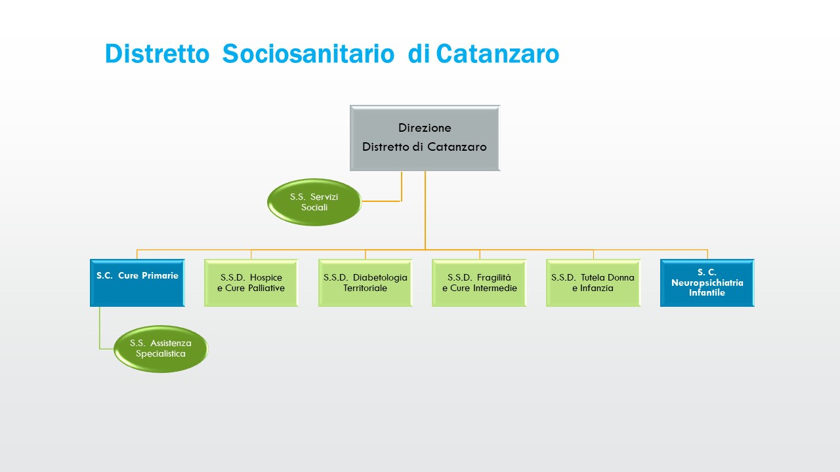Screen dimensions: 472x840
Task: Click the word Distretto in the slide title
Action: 156,54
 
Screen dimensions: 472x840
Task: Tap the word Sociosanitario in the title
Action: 308,54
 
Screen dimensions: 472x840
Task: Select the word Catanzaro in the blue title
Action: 497,54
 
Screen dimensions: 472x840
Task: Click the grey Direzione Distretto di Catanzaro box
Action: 425,138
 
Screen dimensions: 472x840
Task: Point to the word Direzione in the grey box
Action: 425,128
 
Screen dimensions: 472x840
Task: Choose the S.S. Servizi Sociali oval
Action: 314,202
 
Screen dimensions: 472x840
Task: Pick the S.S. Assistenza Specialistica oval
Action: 160,349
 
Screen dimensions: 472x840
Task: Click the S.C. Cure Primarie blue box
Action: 137,283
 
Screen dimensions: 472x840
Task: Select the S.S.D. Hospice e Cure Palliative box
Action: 251,283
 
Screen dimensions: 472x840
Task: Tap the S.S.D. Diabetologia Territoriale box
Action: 365,283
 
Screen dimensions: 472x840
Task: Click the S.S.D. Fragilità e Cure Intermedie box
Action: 479,283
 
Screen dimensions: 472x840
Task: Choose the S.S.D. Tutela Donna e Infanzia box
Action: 593,283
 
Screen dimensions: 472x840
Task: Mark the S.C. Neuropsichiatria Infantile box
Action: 707,283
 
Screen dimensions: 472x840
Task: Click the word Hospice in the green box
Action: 266,277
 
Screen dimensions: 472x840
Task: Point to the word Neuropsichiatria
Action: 707,283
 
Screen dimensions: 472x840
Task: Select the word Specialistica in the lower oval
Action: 161,354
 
